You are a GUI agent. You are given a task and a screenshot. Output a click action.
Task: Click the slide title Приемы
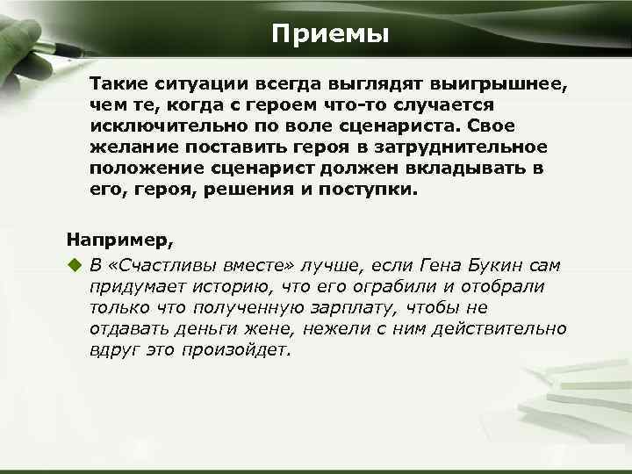[329, 34]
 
